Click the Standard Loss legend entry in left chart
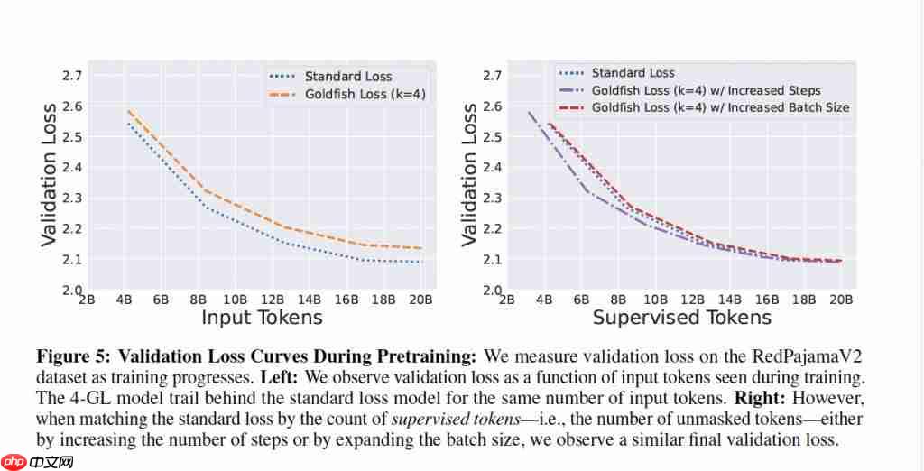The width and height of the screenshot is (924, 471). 348,77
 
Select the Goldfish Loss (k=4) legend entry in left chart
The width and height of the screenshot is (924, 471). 365,94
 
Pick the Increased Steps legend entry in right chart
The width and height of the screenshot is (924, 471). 706,90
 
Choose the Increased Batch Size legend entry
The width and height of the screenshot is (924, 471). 720,107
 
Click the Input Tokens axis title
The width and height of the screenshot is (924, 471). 262,317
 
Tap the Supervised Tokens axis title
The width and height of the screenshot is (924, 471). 681,317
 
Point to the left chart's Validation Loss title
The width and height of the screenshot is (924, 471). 51,174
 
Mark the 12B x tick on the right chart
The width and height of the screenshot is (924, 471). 692,299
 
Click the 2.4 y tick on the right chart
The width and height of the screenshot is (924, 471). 492,167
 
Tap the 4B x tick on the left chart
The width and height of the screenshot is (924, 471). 124,299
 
